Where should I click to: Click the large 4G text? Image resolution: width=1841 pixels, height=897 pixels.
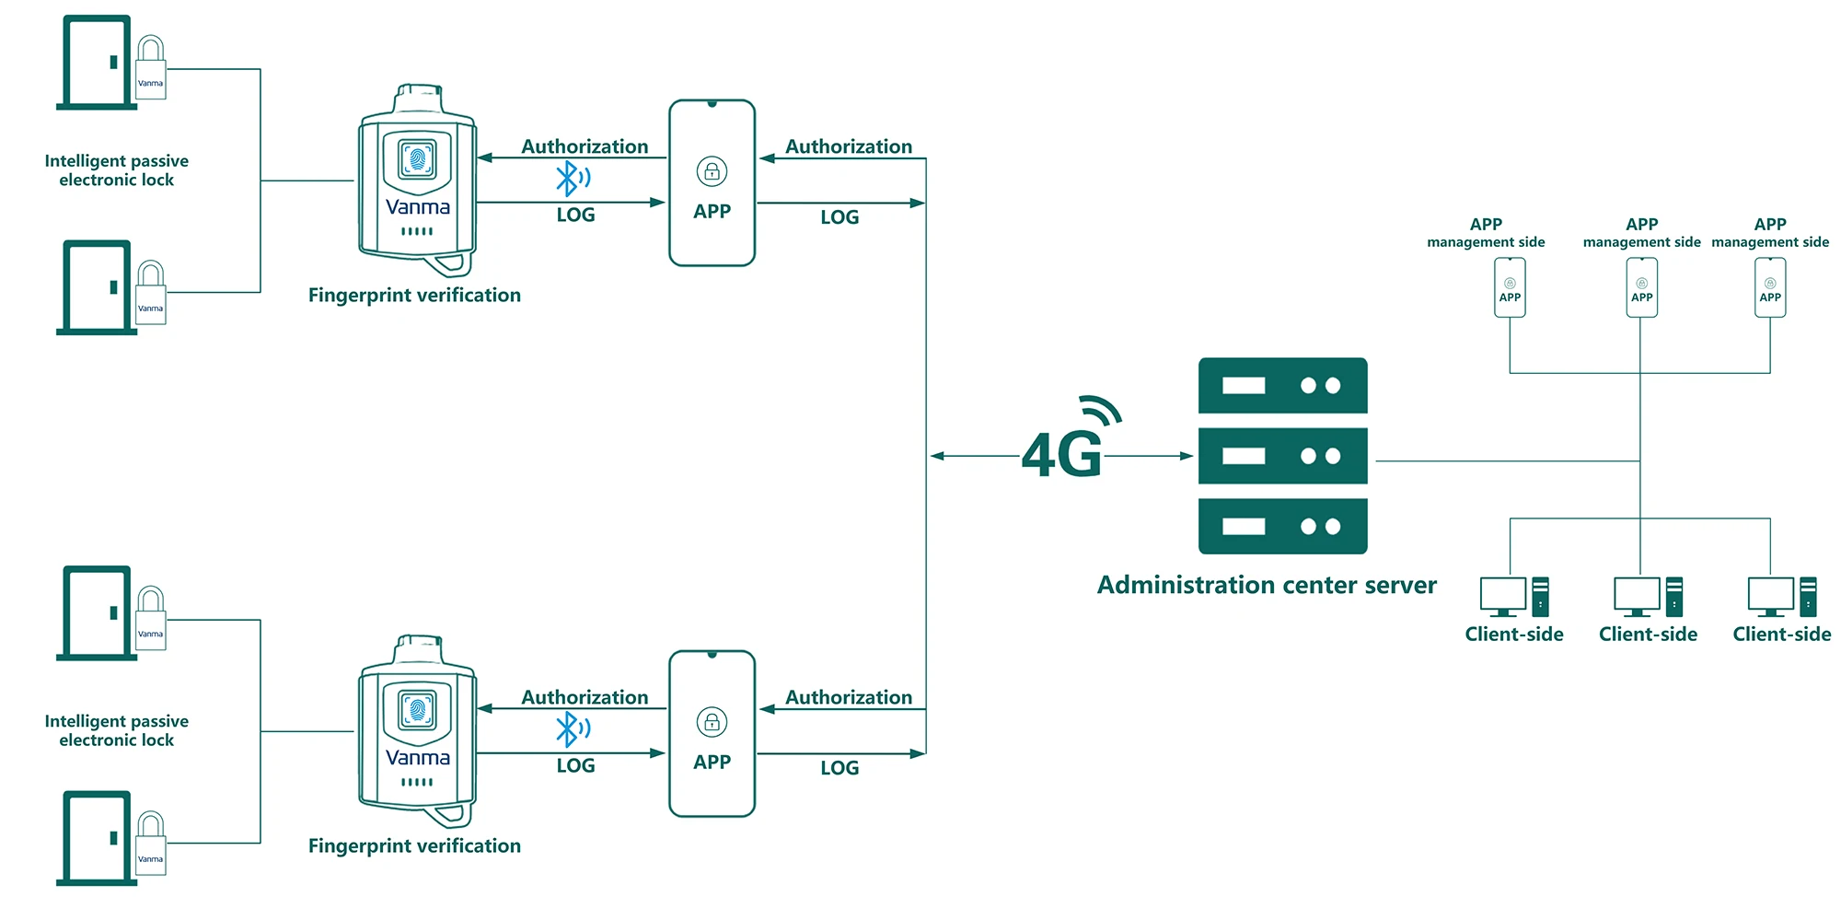click(1061, 454)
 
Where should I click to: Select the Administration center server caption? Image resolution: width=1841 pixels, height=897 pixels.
click(1267, 585)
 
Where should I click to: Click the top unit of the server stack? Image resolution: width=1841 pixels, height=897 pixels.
click(1282, 385)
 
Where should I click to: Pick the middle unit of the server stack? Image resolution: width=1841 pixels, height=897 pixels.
click(1282, 456)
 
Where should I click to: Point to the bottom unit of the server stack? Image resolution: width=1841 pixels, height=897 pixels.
click(1282, 526)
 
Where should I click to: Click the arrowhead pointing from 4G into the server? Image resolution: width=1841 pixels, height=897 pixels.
click(1187, 456)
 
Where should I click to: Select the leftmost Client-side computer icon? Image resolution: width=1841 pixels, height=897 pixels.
click(1514, 597)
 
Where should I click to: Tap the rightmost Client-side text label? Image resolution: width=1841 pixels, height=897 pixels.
click(1781, 634)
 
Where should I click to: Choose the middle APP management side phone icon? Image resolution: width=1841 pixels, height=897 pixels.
click(1641, 287)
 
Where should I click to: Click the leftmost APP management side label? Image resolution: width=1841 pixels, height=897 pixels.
click(1486, 233)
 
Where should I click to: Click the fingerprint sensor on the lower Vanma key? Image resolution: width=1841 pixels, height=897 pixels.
click(417, 710)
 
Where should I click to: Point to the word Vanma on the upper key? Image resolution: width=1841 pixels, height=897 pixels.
click(418, 207)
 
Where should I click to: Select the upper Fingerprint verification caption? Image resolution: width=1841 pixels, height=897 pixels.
click(414, 295)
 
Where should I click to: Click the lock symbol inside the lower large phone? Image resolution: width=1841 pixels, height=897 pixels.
click(712, 722)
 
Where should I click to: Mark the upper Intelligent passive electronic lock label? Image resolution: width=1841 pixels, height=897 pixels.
click(117, 170)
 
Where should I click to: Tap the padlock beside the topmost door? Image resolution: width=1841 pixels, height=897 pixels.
click(151, 67)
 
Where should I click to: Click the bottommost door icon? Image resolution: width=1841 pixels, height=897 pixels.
click(97, 838)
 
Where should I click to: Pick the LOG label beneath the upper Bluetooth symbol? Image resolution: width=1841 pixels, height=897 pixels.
click(575, 215)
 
